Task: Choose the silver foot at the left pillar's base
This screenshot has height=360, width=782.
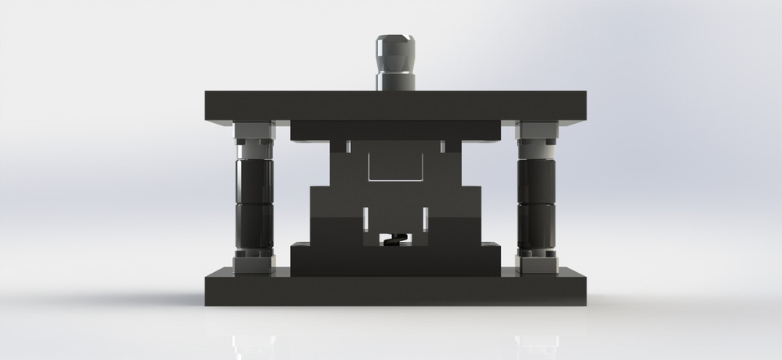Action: [x=253, y=263]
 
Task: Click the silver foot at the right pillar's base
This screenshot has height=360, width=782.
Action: [x=536, y=263]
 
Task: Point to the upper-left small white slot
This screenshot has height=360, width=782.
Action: [x=348, y=146]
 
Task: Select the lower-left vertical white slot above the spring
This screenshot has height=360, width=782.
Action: [x=366, y=217]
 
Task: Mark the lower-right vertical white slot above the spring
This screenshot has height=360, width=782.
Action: [x=425, y=217]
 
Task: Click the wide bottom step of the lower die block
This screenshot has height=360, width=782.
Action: [x=395, y=259]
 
